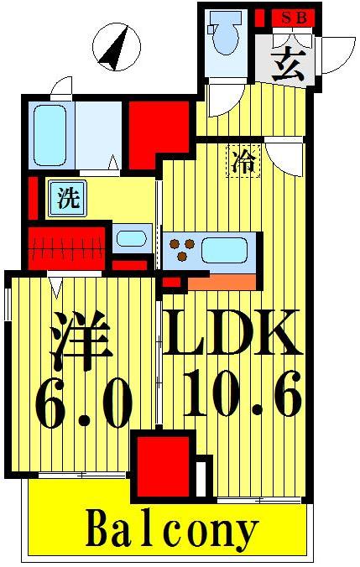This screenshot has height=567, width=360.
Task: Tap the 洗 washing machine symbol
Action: (66, 199)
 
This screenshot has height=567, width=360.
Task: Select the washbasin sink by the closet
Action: (131, 238)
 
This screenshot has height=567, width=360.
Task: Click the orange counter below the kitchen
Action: (222, 282)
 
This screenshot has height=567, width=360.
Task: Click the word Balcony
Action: (171, 530)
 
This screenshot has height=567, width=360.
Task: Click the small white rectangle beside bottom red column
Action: (201, 477)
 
